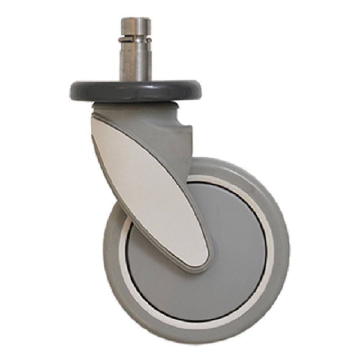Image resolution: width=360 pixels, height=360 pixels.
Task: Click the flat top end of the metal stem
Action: coord(135,19)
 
